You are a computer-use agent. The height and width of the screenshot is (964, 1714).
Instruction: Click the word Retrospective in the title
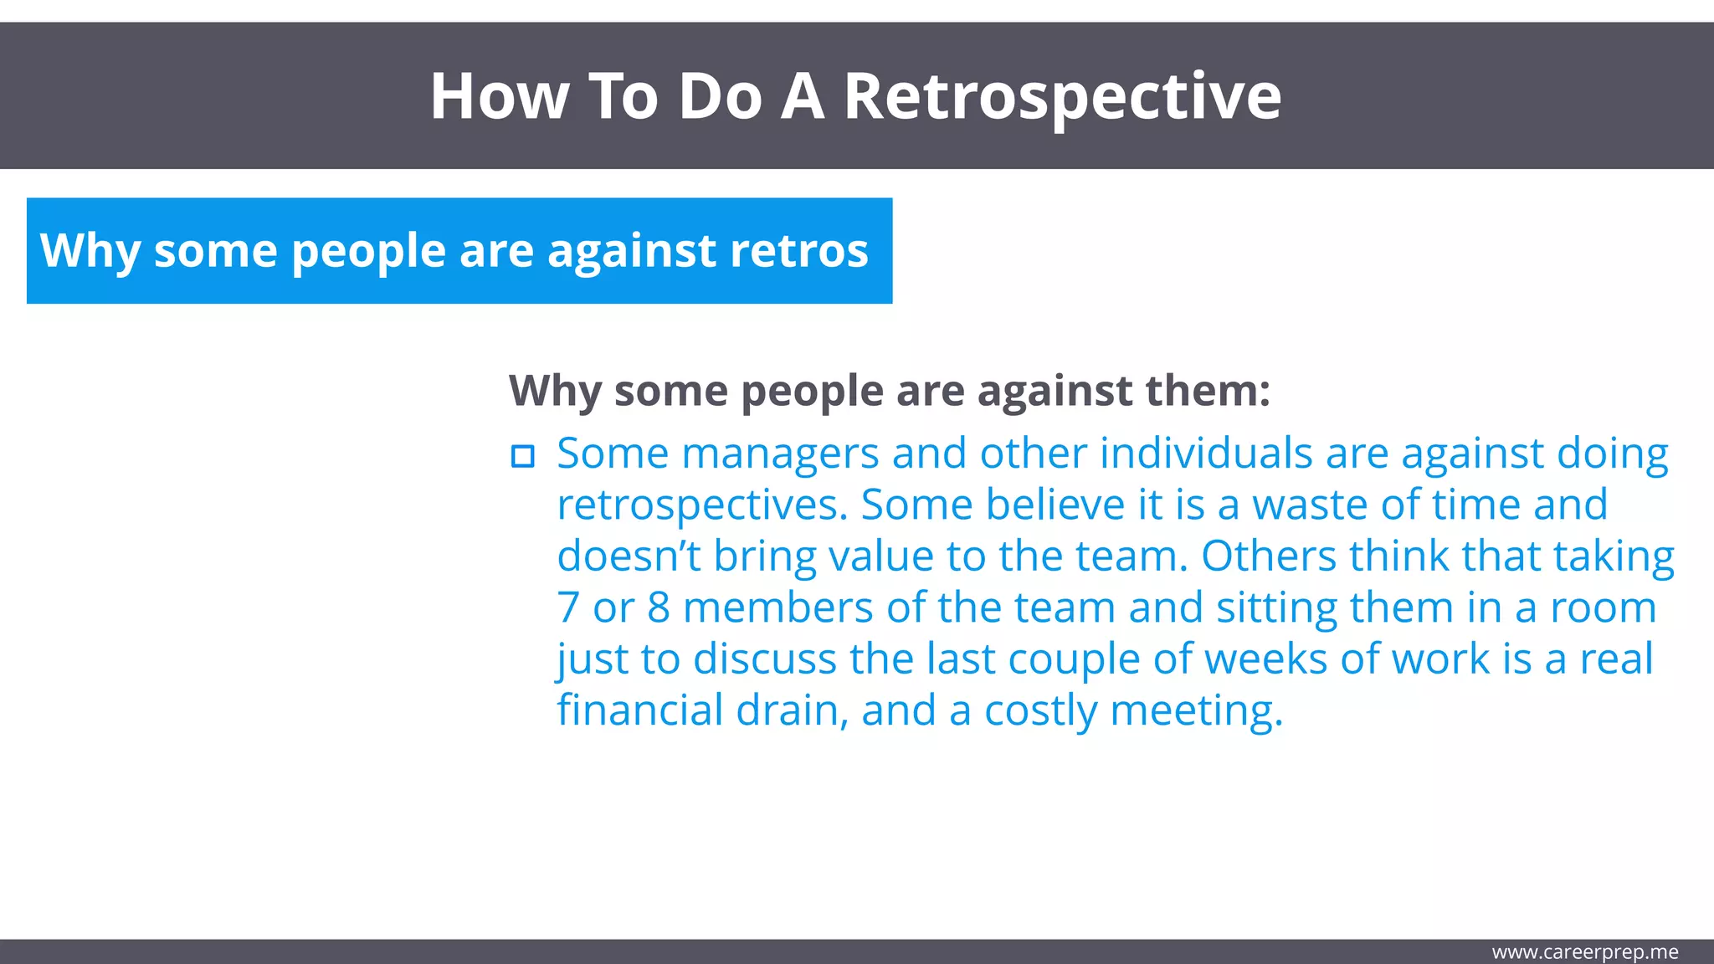pyautogui.click(x=1061, y=97)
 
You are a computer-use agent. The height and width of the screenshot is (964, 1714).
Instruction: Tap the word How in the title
pyautogui.click(x=500, y=97)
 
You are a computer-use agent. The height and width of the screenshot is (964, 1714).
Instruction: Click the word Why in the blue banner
pyautogui.click(x=89, y=251)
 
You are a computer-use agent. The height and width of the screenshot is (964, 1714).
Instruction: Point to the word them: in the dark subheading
pyautogui.click(x=1207, y=391)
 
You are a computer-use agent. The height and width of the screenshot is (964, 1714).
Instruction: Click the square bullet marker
pyautogui.click(x=523, y=456)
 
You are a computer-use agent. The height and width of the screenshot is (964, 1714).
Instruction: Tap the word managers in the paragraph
pyautogui.click(x=780, y=454)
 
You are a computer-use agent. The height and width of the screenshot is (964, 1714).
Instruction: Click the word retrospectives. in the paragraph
pyautogui.click(x=702, y=505)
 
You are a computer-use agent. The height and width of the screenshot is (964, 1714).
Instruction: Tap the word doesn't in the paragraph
pyautogui.click(x=629, y=556)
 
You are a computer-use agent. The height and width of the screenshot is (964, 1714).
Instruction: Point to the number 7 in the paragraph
pyautogui.click(x=568, y=608)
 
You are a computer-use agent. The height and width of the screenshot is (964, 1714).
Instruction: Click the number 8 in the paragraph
pyautogui.click(x=659, y=608)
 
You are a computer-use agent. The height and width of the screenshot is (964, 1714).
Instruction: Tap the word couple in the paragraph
pyautogui.click(x=1073, y=659)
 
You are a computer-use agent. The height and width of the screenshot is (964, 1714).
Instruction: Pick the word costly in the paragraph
pyautogui.click(x=1040, y=710)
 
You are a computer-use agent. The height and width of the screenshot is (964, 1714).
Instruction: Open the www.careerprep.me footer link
pyautogui.click(x=1584, y=952)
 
